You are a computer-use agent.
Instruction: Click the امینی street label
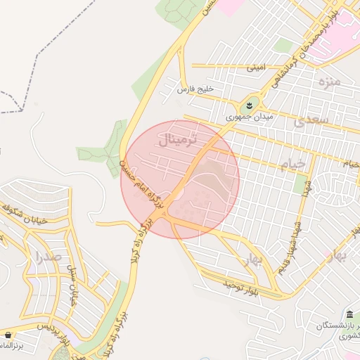(256, 69)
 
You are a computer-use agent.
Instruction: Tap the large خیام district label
(293, 165)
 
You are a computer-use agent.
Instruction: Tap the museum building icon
(350, 313)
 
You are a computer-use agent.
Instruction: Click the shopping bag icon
(8, 335)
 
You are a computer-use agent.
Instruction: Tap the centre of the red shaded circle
(180, 180)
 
